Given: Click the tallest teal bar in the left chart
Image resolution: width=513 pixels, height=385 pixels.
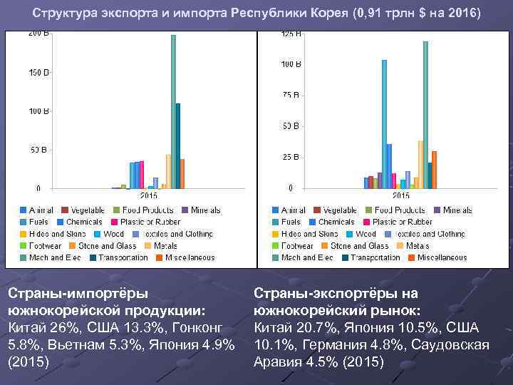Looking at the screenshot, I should [173, 111].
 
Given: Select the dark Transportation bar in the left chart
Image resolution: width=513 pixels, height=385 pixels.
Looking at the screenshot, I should [178, 145].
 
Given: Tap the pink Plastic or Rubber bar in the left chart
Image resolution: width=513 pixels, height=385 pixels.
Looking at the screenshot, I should [142, 175].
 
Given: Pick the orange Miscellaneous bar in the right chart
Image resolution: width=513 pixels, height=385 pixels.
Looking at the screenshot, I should [434, 170].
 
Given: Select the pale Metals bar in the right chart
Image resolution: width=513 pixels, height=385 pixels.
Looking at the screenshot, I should [420, 164].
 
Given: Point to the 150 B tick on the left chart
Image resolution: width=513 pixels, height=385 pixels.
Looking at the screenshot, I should [38, 73].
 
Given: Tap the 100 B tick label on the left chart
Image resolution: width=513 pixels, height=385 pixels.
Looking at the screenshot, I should [38, 111].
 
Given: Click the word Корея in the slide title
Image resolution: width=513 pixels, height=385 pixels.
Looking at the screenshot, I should [328, 14].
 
